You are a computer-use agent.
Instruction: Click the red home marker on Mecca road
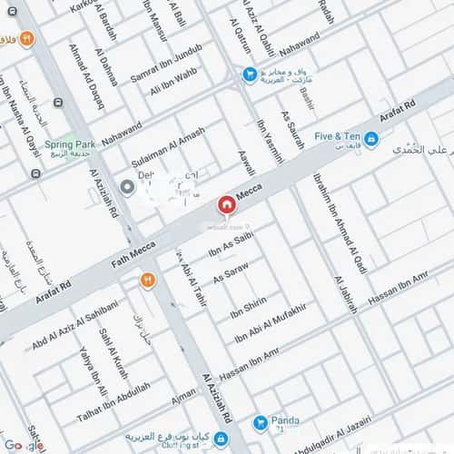(x=225, y=204)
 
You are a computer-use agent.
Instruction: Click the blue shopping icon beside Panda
(x=261, y=421)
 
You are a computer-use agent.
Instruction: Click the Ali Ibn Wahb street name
(x=174, y=89)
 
